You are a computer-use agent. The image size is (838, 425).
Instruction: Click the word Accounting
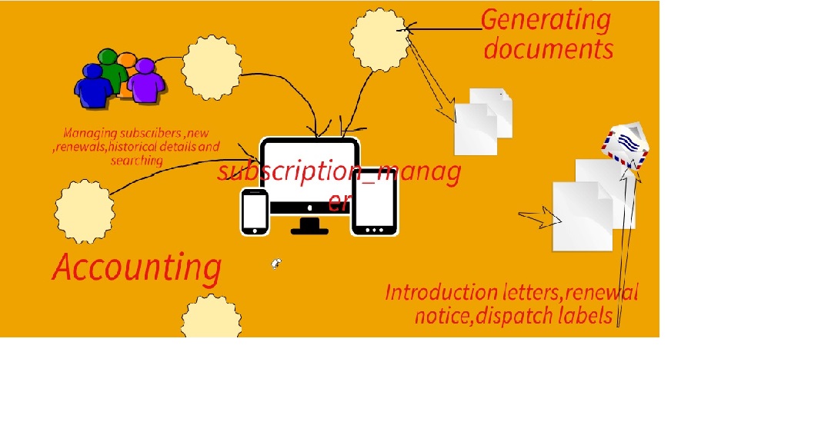tap(137, 267)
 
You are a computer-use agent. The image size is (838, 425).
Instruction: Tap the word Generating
tap(546, 21)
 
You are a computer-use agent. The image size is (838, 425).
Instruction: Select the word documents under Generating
tap(549, 49)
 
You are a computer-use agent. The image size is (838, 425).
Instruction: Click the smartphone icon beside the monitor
tap(255, 211)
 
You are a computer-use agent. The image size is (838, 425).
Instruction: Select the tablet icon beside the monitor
tap(374, 201)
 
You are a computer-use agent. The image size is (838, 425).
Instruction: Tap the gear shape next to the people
tap(211, 67)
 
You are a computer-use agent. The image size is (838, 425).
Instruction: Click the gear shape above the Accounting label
tap(84, 210)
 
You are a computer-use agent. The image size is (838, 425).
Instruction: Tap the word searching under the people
tap(136, 161)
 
